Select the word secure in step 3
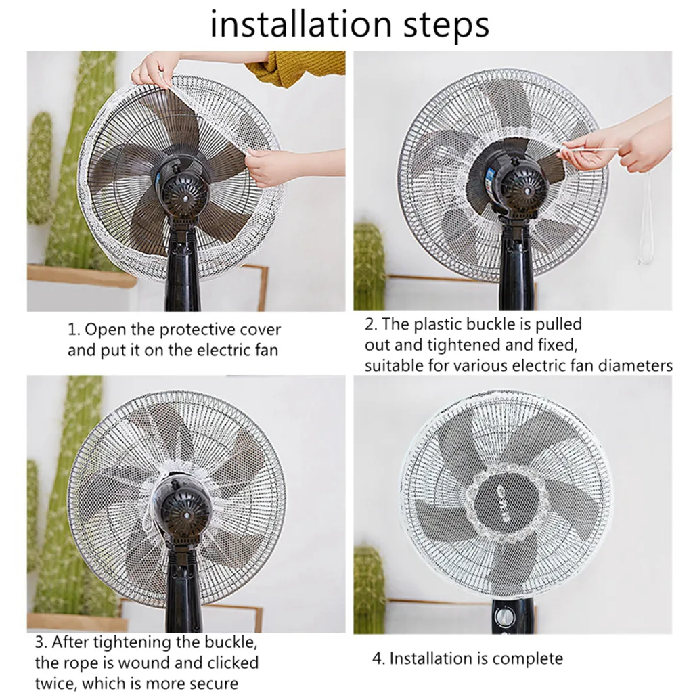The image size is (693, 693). (213, 683)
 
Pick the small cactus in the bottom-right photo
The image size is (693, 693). (369, 589)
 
